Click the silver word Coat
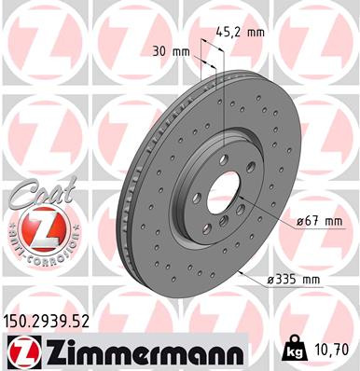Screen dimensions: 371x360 coord(35,194)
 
